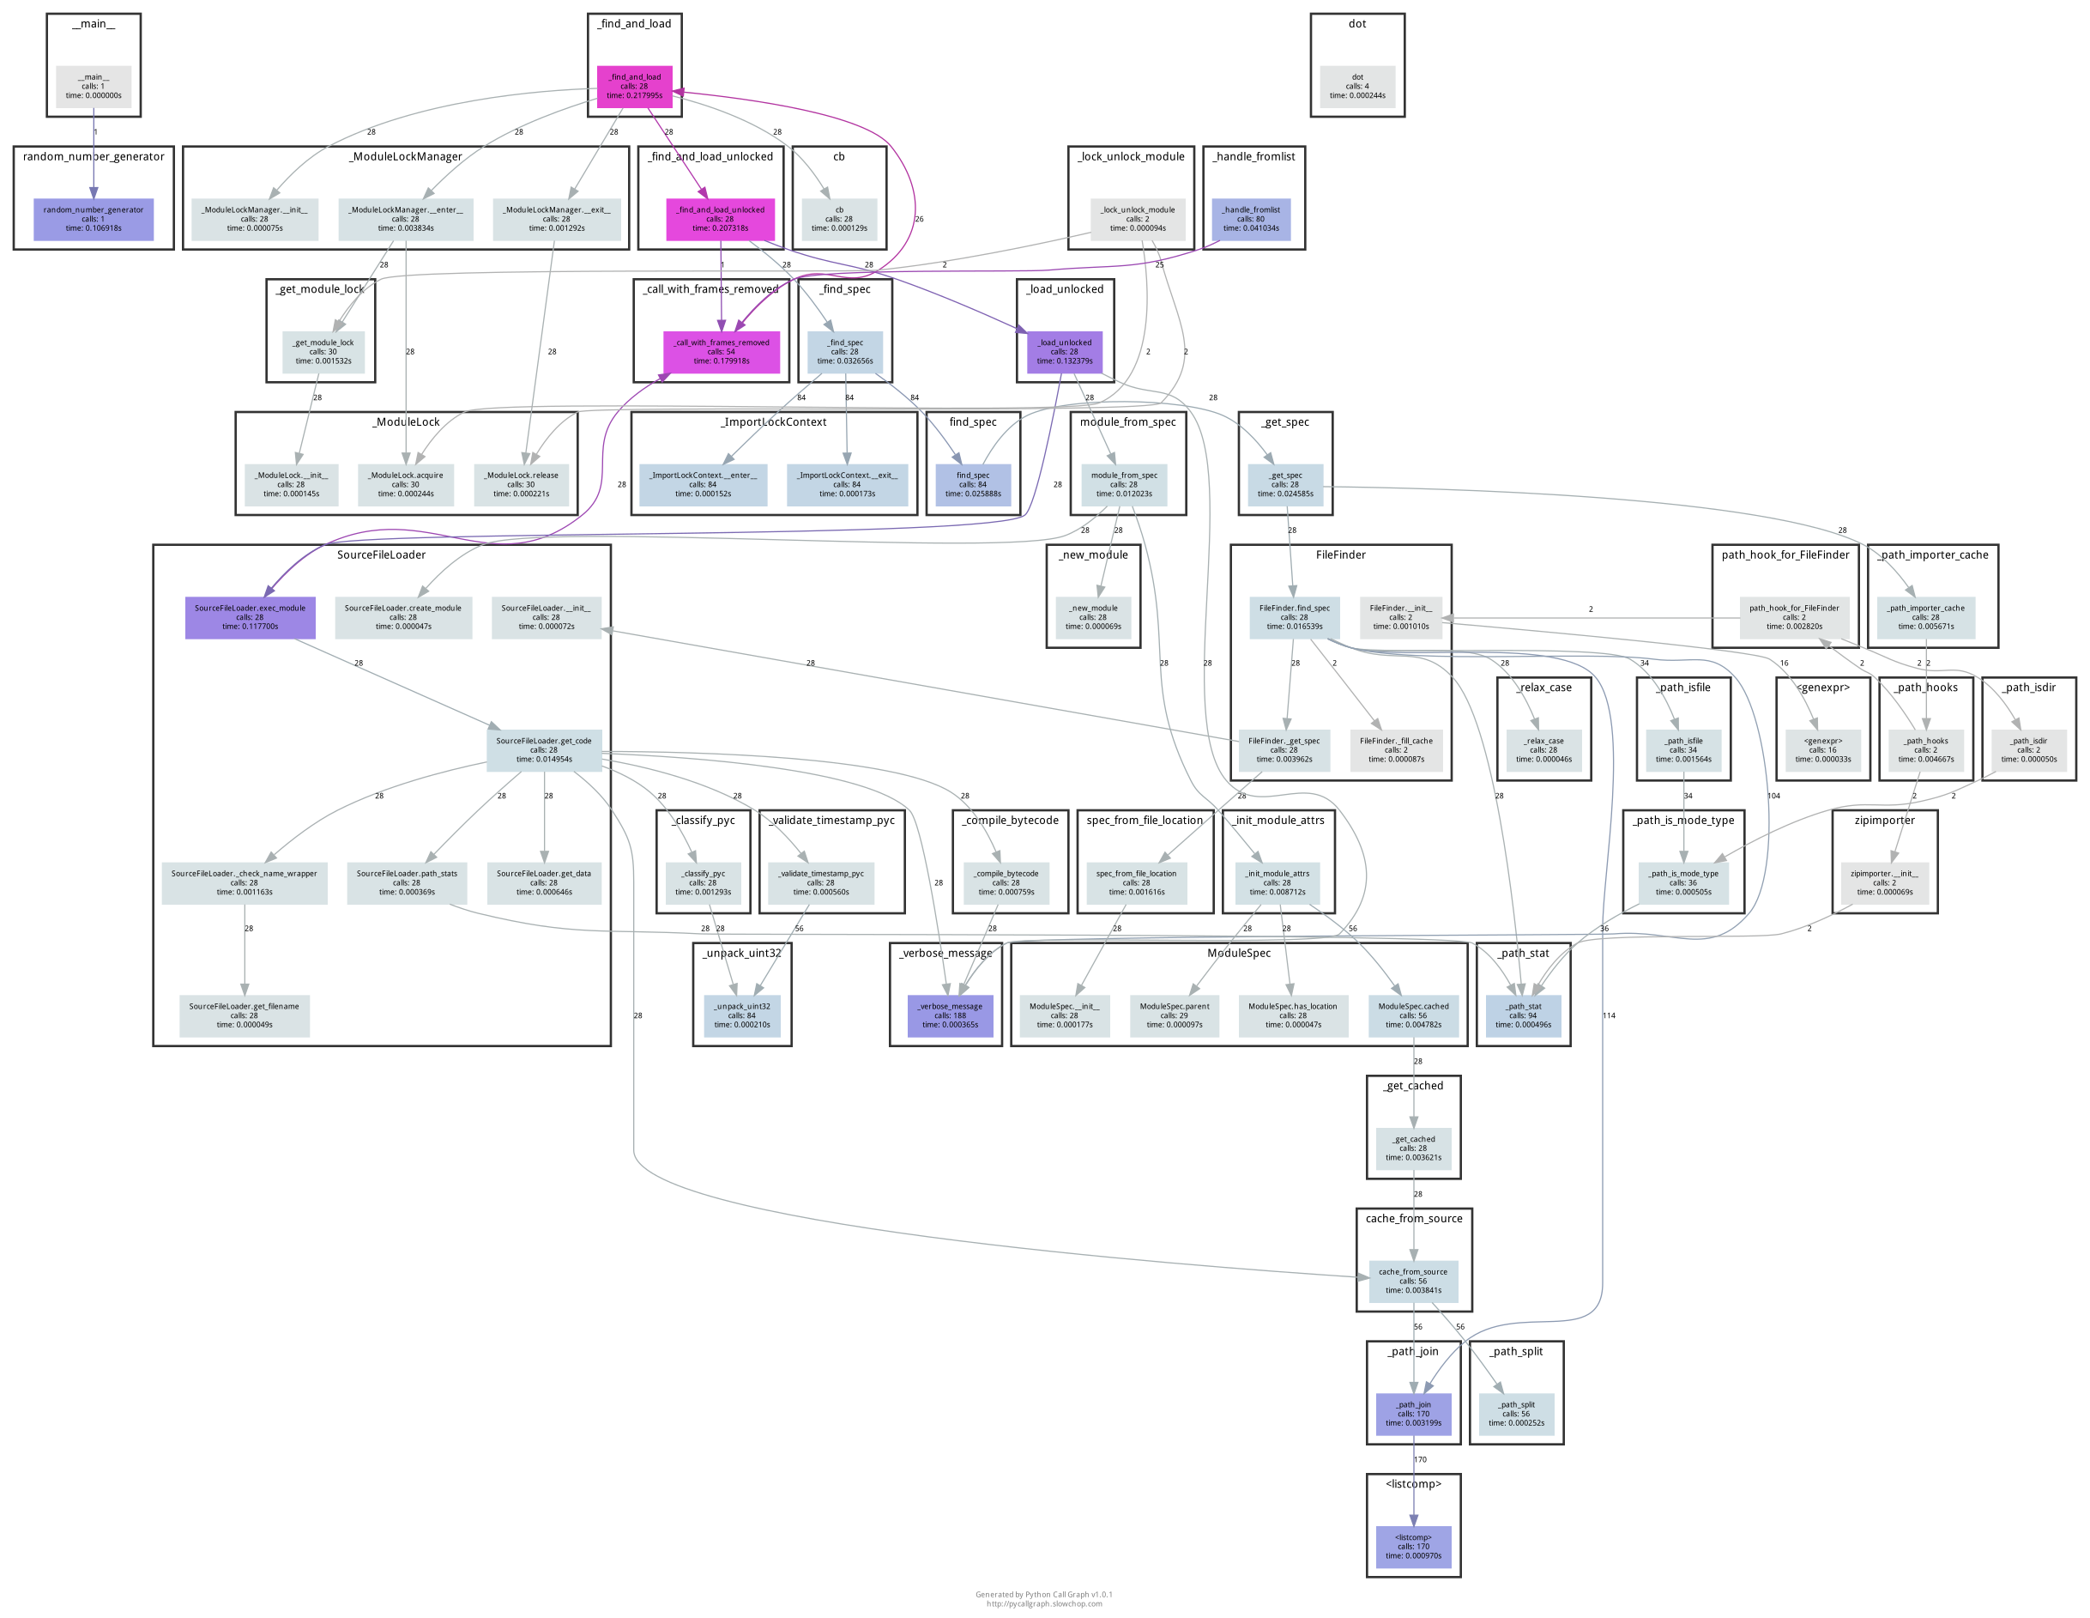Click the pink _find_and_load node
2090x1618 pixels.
coord(635,86)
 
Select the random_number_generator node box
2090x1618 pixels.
coord(93,219)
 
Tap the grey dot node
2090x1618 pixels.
coord(1357,86)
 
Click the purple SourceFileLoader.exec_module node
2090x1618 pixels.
coord(250,617)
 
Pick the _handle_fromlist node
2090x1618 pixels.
coord(1251,219)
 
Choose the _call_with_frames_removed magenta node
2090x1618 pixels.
coord(721,351)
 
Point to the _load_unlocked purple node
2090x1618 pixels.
coord(1064,351)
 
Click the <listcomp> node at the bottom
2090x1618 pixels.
coord(1412,1547)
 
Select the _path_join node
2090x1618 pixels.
coord(1412,1414)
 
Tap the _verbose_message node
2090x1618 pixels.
coord(949,1015)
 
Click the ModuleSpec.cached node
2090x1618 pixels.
coord(1412,1015)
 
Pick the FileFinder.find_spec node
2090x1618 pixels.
coord(1294,617)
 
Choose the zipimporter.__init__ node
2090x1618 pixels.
coord(1883,882)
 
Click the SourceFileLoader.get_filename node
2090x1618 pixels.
coord(244,1015)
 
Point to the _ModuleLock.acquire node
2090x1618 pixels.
coord(405,484)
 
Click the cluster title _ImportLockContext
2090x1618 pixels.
coord(773,422)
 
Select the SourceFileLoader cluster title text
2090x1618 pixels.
coord(381,555)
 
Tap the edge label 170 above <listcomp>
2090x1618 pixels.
coord(1420,1460)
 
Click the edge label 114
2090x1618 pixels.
coord(1609,1015)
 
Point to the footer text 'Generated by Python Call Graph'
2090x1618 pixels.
coord(1043,1595)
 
